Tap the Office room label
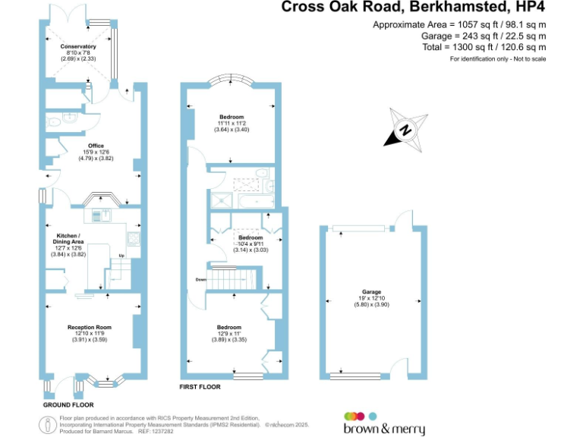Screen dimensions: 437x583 (x=96, y=146)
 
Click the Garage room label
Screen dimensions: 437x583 (x=371, y=291)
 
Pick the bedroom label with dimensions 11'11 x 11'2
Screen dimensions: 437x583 (x=232, y=116)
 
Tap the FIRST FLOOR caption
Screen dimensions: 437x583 (x=200, y=387)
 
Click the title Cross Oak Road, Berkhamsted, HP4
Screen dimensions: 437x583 (x=413, y=8)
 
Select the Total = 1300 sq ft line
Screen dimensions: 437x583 (x=484, y=47)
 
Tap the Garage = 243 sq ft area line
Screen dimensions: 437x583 (x=478, y=36)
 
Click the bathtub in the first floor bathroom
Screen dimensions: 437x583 (x=257, y=200)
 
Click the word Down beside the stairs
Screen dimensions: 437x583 (x=200, y=279)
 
